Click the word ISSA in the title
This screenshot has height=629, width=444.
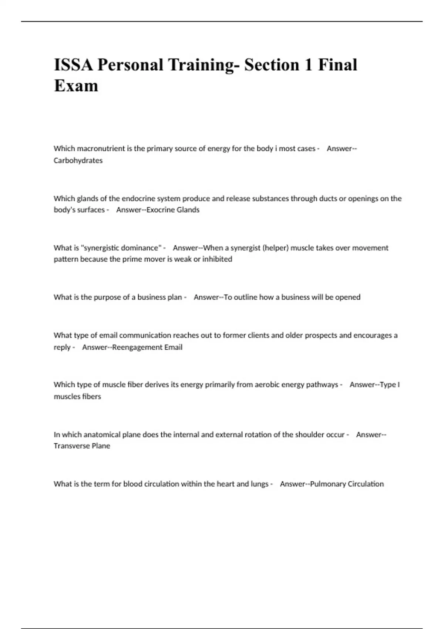click(73, 65)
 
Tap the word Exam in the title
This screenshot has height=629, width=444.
click(76, 86)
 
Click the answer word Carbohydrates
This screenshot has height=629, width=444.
click(78, 161)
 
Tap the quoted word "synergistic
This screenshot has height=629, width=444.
click(100, 248)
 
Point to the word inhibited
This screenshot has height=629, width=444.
click(217, 259)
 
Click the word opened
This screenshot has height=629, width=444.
click(347, 297)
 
